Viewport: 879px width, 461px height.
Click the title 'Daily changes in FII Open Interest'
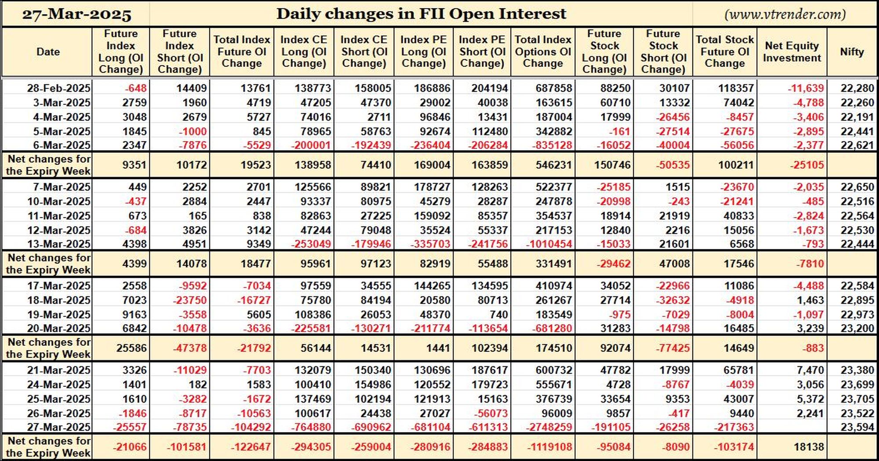[421, 14]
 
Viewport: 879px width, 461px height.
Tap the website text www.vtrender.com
[785, 14]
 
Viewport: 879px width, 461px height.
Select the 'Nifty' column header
[852, 52]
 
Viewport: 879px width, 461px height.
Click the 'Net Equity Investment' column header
[792, 52]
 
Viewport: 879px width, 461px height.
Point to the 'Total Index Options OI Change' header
[543, 51]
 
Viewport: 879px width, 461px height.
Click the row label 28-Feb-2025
[58, 88]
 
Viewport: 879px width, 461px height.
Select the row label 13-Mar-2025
[58, 244]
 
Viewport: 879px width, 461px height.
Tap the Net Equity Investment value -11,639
[806, 88]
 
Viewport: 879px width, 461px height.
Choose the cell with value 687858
[554, 88]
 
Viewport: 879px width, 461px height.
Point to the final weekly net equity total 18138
[809, 447]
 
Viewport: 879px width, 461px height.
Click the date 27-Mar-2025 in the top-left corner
[76, 14]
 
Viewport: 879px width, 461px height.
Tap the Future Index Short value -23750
[189, 300]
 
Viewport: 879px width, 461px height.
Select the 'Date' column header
[48, 52]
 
